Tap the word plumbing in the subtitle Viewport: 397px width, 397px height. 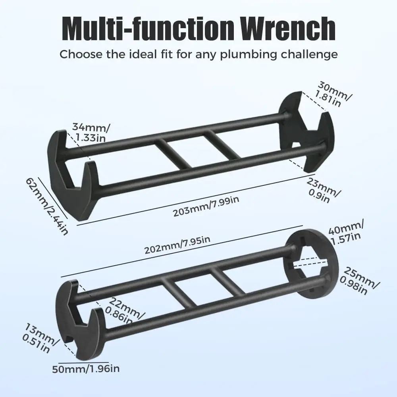click(x=248, y=55)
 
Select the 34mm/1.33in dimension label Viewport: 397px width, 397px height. click(x=91, y=132)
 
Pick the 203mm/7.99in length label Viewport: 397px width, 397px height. click(x=206, y=206)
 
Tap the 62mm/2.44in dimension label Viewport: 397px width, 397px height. click(x=47, y=206)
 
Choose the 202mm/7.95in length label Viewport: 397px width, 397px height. click(x=177, y=245)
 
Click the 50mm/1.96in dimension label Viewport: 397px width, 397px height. click(x=86, y=369)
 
